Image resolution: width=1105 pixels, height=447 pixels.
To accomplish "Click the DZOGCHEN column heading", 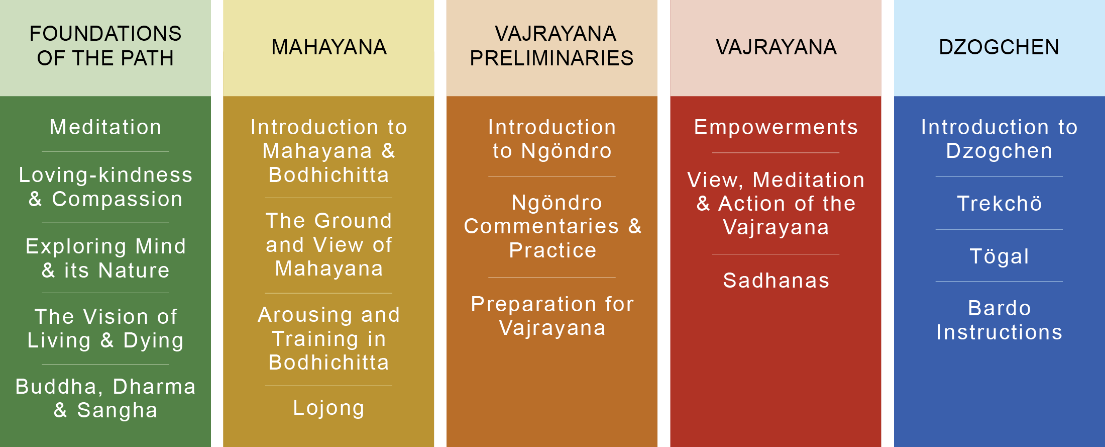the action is pyautogui.click(x=999, y=47).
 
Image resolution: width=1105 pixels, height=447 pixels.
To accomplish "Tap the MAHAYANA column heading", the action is pyautogui.click(x=329, y=47).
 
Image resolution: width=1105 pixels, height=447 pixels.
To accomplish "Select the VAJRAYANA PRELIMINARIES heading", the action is pyautogui.click(x=552, y=46).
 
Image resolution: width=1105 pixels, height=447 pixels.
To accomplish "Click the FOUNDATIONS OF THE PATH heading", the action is pyautogui.click(x=105, y=46).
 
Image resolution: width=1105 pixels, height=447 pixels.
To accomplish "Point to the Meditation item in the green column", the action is pyautogui.click(x=105, y=127).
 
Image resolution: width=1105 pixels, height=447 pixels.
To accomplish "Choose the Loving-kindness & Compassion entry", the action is pyautogui.click(x=105, y=187).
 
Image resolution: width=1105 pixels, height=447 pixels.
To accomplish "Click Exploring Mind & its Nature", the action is pyautogui.click(x=105, y=258).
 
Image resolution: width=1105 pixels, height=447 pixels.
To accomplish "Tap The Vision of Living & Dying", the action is pyautogui.click(x=105, y=328).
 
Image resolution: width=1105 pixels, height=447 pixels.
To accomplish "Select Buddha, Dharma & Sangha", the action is pyautogui.click(x=105, y=398).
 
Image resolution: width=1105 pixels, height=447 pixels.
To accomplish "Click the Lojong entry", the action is pyautogui.click(x=329, y=408).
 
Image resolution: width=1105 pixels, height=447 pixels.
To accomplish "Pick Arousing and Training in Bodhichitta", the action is pyautogui.click(x=329, y=339).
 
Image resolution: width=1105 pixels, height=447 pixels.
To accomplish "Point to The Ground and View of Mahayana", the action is pyautogui.click(x=329, y=245).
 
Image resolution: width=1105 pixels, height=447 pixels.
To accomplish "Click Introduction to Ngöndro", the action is pyautogui.click(x=552, y=139).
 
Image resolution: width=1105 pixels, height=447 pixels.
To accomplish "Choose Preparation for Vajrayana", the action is pyautogui.click(x=552, y=316).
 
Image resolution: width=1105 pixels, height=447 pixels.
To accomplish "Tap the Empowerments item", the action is pyautogui.click(x=776, y=128).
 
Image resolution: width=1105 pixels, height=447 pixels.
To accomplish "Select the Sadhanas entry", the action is pyautogui.click(x=776, y=281).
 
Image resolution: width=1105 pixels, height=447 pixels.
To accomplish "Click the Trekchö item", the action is pyautogui.click(x=1000, y=204).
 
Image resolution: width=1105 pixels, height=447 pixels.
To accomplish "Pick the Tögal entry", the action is pyautogui.click(x=1000, y=256).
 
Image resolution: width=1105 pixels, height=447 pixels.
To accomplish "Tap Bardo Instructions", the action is pyautogui.click(x=1000, y=320).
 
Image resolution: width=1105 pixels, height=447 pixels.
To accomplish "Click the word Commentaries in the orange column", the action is pyautogui.click(x=541, y=226).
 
